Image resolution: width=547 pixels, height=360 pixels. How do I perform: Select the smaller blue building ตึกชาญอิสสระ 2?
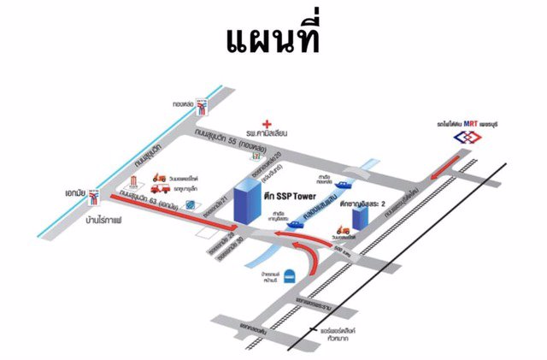coord(359,215)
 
